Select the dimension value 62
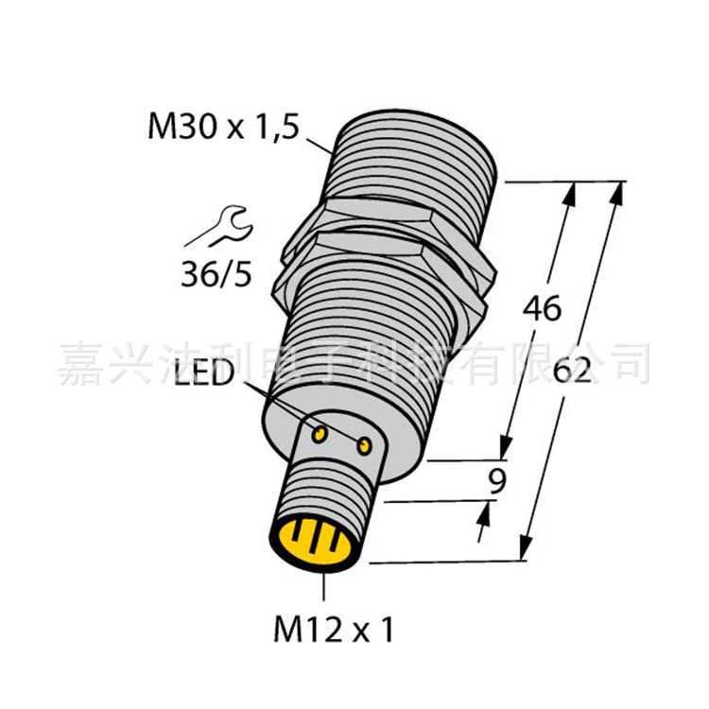click(x=578, y=370)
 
